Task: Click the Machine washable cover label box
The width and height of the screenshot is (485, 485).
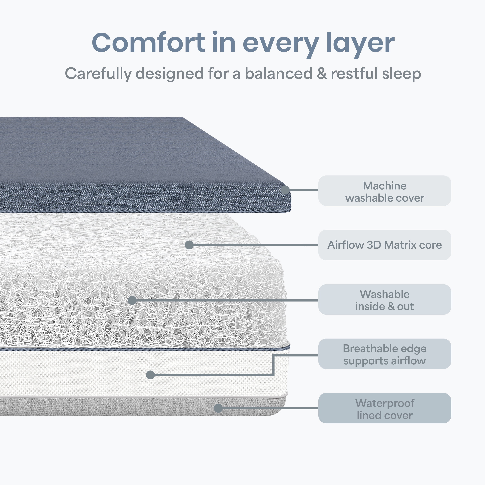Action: click(385, 191)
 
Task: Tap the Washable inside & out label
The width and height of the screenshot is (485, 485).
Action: click(385, 299)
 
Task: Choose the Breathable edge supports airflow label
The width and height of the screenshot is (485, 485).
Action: click(385, 354)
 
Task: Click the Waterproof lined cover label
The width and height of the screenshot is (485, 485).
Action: click(385, 408)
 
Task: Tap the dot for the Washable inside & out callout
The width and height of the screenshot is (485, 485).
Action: click(132, 300)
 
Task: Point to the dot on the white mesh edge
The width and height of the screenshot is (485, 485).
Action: click(150, 375)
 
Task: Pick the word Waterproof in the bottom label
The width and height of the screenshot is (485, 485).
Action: click(385, 403)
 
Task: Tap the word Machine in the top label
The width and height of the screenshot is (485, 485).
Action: click(385, 186)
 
